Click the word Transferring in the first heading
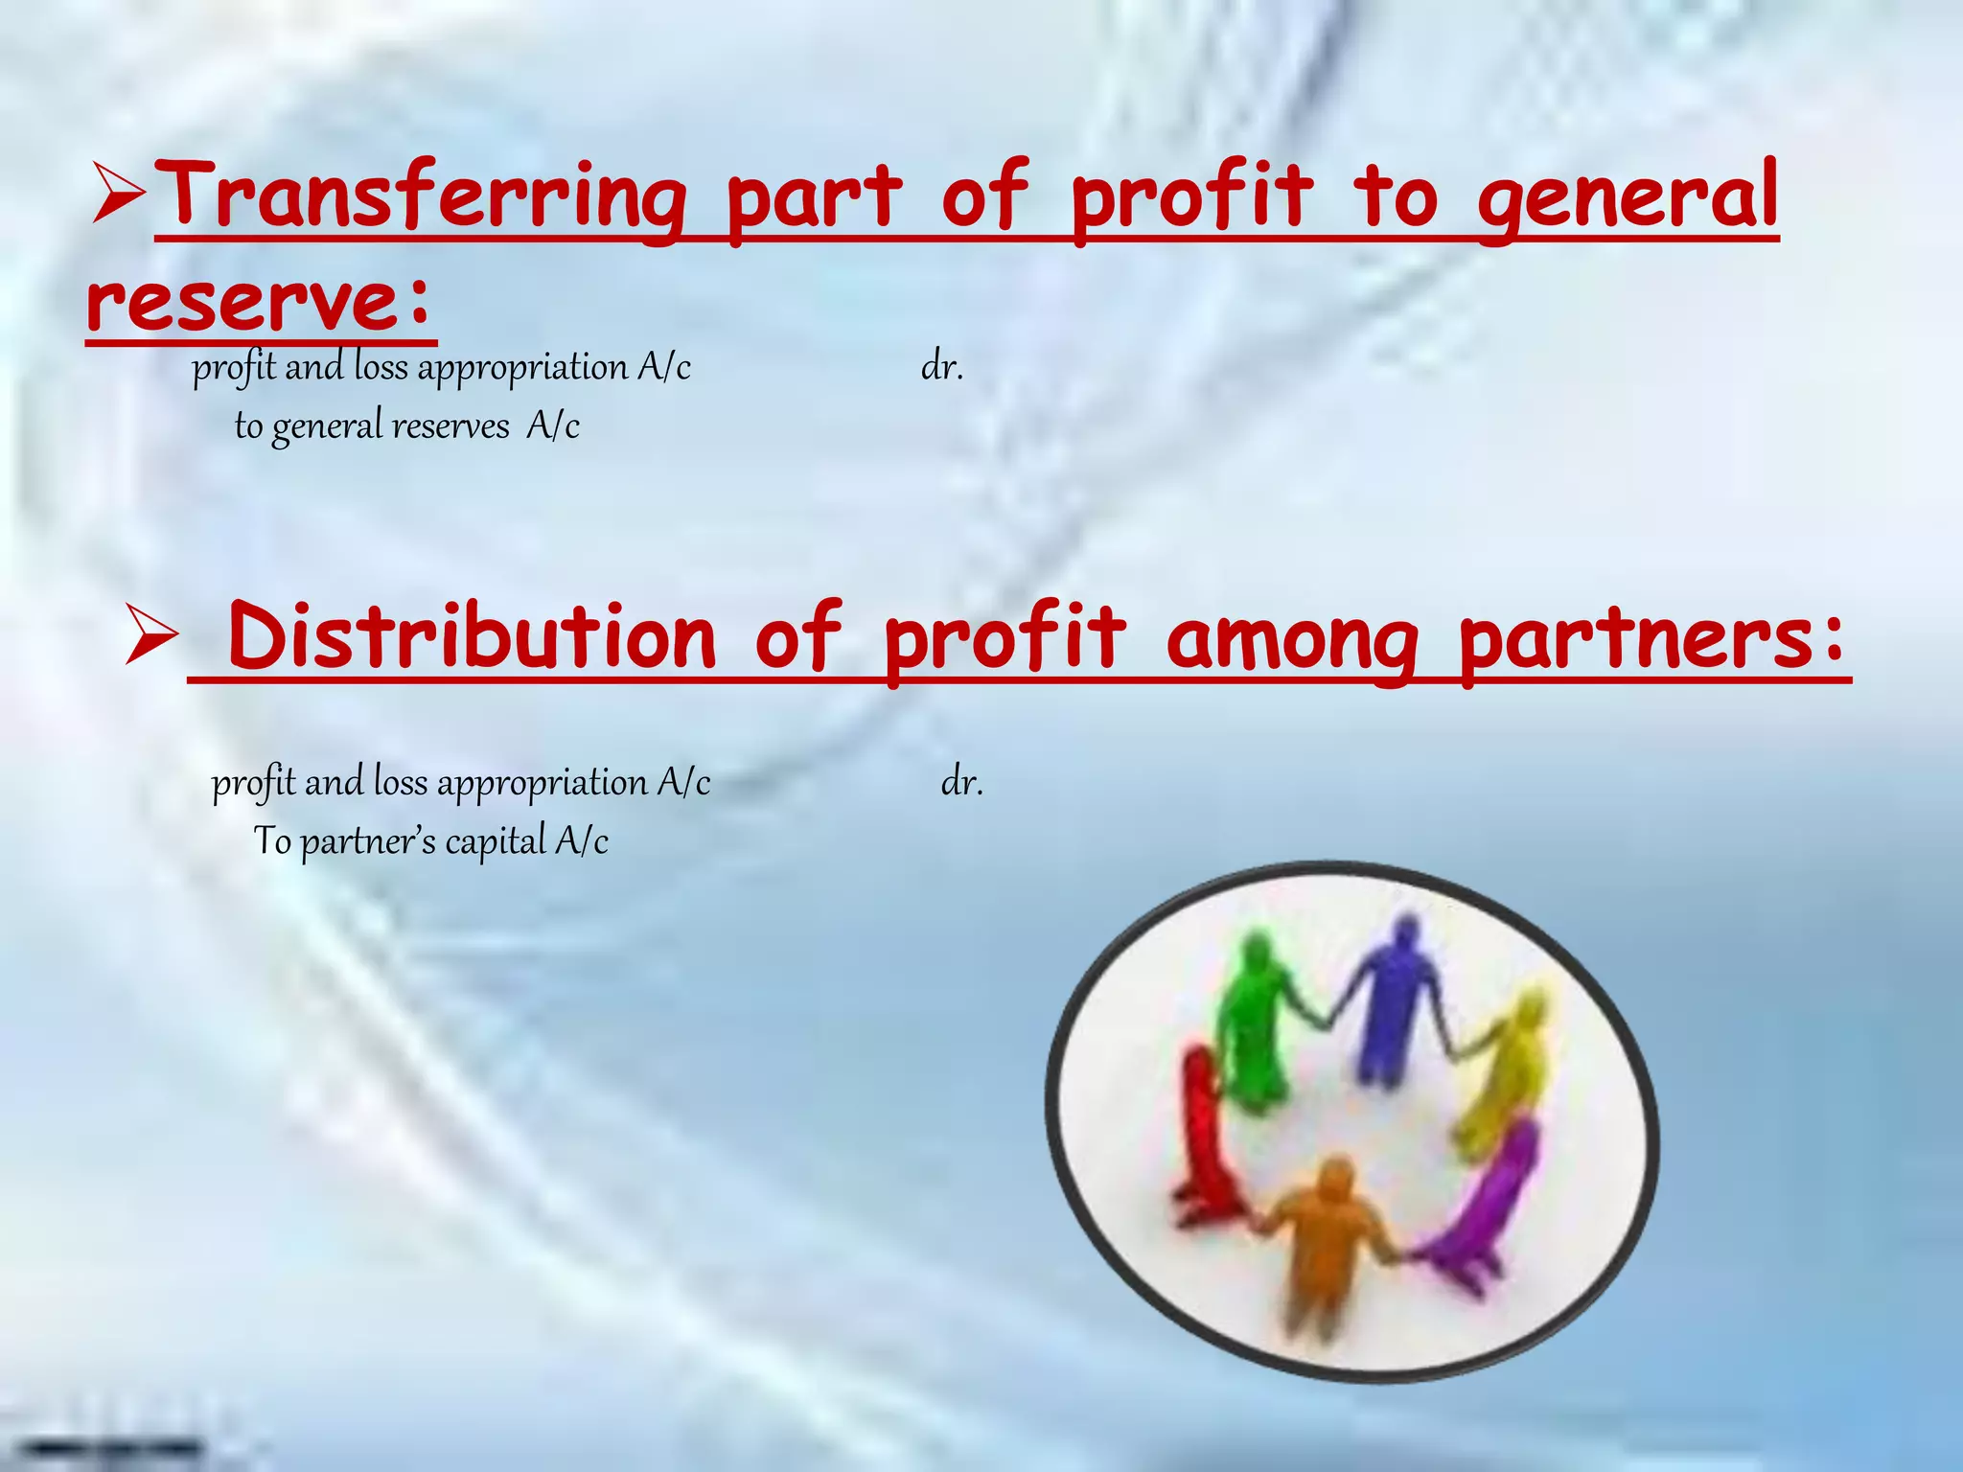(420, 196)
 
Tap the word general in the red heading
(1627, 196)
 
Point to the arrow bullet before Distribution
(151, 638)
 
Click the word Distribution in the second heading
(472, 637)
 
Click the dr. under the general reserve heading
(941, 367)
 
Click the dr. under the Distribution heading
(961, 783)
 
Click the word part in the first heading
(814, 196)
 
